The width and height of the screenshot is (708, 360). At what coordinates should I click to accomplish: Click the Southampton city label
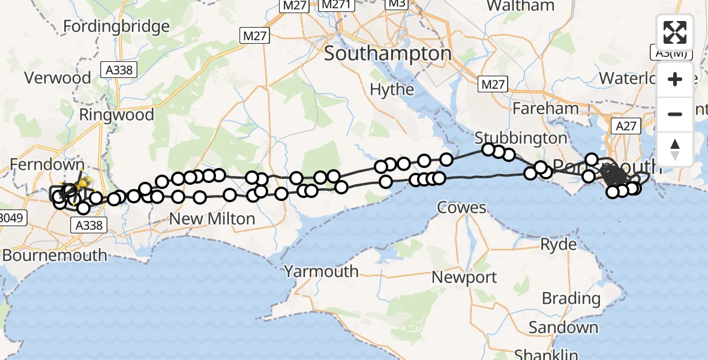coord(388,53)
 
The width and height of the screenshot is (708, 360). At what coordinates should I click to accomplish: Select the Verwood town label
coord(58,78)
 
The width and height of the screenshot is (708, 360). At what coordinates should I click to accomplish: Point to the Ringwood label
coord(116,114)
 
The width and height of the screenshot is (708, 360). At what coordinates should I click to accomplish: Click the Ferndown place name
coord(47,164)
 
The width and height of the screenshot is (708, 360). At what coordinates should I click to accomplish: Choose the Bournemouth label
coord(54,255)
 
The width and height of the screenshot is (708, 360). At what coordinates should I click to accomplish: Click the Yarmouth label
coord(322,271)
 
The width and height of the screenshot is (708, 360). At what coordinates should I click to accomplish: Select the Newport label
coord(464,277)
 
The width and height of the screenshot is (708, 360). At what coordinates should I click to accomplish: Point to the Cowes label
coord(461,208)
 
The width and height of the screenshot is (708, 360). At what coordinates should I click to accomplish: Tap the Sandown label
coord(563,328)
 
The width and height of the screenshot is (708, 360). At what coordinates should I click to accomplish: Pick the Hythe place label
coord(392,90)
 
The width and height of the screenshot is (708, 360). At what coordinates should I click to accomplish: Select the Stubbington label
coord(521,138)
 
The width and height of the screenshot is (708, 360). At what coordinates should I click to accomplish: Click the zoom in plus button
coord(675,79)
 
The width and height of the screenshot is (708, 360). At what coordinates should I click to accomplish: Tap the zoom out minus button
coord(675,114)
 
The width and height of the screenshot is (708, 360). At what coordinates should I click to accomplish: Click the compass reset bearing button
coord(675,148)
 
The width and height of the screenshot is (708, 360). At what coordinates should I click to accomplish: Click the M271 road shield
coord(335,5)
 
